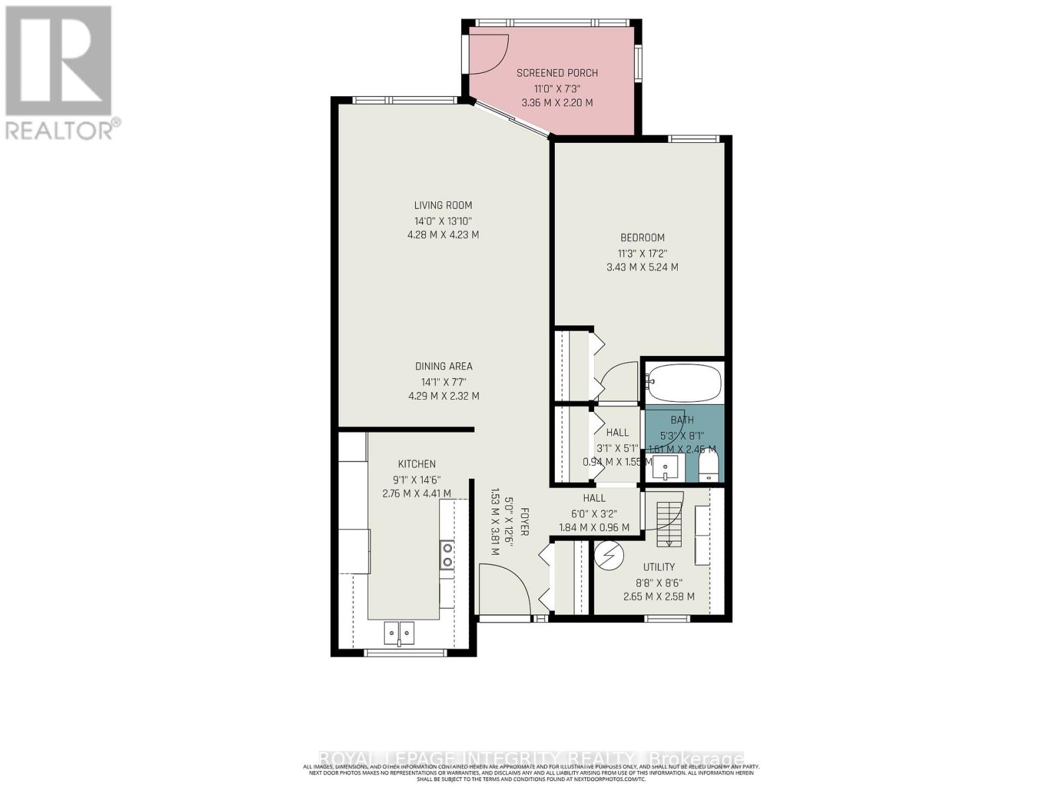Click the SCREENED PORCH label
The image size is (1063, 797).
click(557, 73)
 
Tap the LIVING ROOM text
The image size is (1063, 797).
click(443, 205)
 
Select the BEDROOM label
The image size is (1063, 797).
click(642, 238)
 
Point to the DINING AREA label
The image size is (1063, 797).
click(443, 366)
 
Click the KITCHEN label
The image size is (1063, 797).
click(417, 464)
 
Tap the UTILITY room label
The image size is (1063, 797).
click(658, 567)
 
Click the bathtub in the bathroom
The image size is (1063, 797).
click(684, 383)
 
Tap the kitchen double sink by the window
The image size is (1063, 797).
click(399, 632)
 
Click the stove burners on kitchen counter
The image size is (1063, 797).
click(447, 555)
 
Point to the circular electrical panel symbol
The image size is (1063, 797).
click(609, 555)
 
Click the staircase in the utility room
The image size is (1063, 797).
click(669, 523)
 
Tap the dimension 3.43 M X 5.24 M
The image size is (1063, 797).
click(642, 268)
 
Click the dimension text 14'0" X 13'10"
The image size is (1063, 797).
click(442, 221)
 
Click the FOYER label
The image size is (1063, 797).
click(524, 521)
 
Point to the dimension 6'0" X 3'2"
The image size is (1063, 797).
click(594, 513)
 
